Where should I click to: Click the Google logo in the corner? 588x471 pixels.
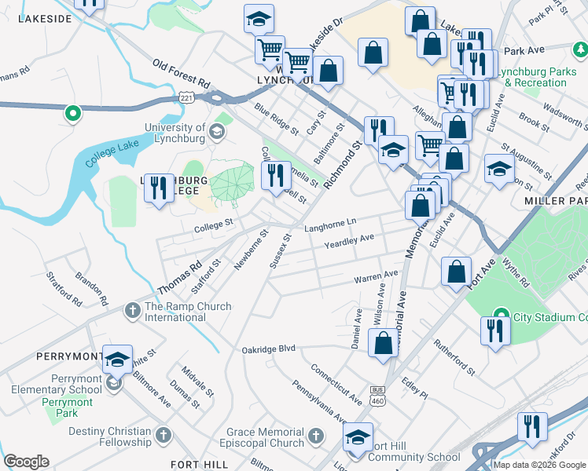point(26,462)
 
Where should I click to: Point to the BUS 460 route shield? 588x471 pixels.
point(379,395)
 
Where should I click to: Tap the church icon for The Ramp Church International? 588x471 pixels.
point(130,312)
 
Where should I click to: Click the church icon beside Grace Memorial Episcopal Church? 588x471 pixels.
point(315,434)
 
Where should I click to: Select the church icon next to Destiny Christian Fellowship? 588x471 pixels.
point(163,434)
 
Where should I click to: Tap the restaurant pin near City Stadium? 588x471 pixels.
point(494,330)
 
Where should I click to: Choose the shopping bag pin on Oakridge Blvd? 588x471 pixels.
point(383,344)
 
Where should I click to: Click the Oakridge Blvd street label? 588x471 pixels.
point(268,349)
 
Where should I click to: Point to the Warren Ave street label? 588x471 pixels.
point(376,277)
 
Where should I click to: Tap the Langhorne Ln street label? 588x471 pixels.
point(330,227)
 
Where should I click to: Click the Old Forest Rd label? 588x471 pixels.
point(182,73)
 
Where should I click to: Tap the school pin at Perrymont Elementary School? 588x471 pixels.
point(116,360)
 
